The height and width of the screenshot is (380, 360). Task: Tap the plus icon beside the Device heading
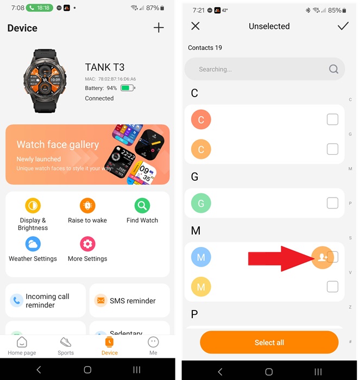pos(159,28)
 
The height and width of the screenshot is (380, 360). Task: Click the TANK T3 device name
pos(105,67)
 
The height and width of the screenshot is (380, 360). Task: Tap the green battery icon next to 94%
pos(127,88)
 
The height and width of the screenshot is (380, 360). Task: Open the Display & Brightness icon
pos(33,206)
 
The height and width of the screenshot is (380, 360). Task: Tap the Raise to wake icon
pos(87,206)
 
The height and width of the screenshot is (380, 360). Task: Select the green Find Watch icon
pos(142,206)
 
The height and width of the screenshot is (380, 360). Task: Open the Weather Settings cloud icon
pos(33,243)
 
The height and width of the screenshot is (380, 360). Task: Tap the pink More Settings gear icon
pos(87,243)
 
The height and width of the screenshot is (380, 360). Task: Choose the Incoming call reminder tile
pos(46,300)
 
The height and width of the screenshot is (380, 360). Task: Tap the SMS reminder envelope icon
pos(100,300)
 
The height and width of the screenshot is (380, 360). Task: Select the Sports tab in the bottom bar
pos(66,346)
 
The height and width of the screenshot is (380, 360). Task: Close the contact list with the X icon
pos(195,26)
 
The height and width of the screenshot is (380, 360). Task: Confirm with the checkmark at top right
pos(343,26)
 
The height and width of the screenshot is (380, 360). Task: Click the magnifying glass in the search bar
pos(333,69)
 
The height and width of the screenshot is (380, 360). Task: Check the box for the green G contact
pos(332,204)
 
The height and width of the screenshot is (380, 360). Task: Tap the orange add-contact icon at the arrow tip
pos(323,257)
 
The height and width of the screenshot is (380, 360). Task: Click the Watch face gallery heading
pos(58,144)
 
